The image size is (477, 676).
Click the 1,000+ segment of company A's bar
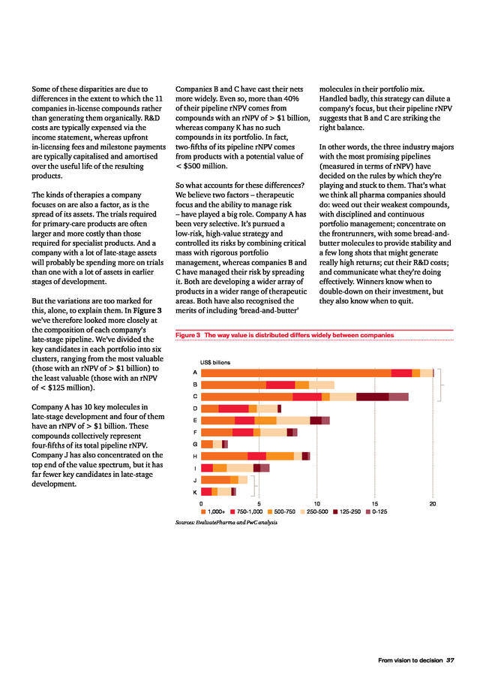(296, 373)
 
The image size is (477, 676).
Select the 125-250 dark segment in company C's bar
(372, 397)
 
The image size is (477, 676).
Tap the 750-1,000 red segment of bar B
(280, 385)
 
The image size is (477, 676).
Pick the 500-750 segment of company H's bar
(280, 456)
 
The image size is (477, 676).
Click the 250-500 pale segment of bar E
(293, 420)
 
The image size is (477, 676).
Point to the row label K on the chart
(195, 492)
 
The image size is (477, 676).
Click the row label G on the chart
(195, 444)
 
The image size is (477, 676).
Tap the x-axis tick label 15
(374, 504)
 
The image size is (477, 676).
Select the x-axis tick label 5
(259, 504)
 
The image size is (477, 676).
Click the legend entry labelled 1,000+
(215, 512)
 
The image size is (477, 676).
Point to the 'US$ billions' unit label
(215, 362)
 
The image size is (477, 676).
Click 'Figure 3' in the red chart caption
(187, 334)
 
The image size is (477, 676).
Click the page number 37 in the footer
(450, 660)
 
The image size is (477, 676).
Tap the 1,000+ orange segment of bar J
(215, 480)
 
